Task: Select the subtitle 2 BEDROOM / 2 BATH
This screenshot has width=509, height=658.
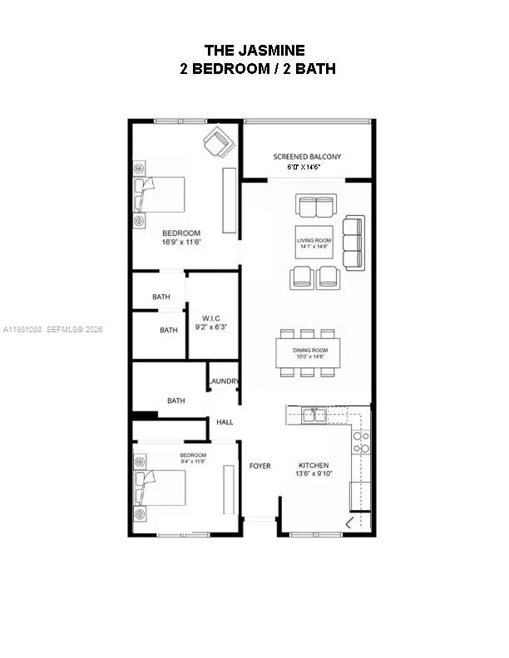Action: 258,69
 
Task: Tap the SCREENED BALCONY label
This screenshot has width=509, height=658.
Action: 307,156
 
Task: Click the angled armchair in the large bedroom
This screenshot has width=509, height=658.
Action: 219,142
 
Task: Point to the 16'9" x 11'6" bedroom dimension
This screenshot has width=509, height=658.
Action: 181,243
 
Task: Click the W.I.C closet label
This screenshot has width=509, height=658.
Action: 211,318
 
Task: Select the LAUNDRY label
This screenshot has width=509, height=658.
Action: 224,382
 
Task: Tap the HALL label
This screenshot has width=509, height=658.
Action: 225,422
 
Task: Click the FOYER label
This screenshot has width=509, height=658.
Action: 260,466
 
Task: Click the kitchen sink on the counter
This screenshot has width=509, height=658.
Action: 314,415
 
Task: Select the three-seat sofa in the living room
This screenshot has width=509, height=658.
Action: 353,243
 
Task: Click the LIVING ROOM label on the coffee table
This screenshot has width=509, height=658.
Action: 314,240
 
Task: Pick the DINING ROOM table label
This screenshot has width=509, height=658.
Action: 309,350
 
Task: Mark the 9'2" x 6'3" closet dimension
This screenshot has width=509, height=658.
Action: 211,328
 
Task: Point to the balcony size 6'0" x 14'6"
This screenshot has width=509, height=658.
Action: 304,167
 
